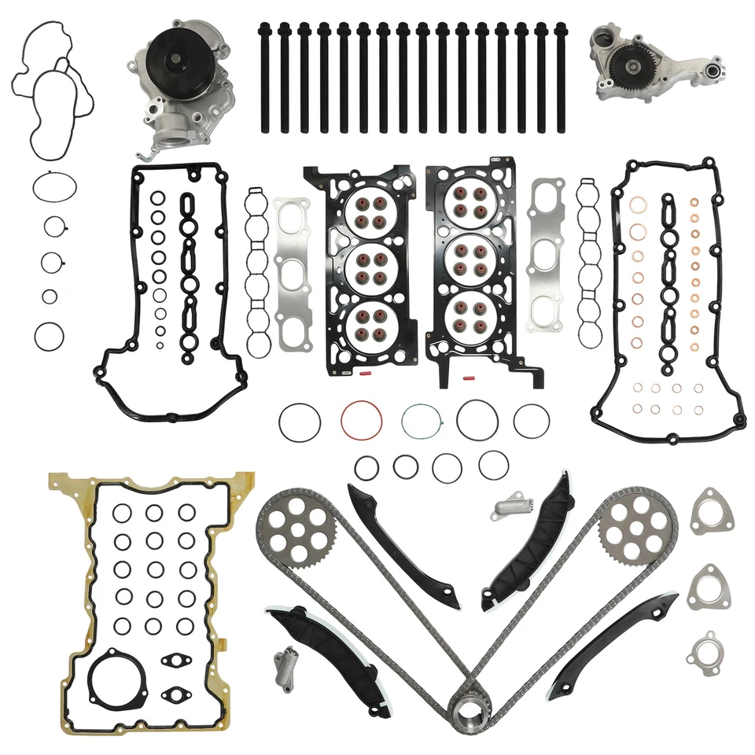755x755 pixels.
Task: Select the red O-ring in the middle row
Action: pyautogui.click(x=361, y=422)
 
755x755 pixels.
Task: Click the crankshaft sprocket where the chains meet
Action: pyautogui.click(x=470, y=712)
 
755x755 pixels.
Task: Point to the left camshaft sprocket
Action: pyautogui.click(x=296, y=528)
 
